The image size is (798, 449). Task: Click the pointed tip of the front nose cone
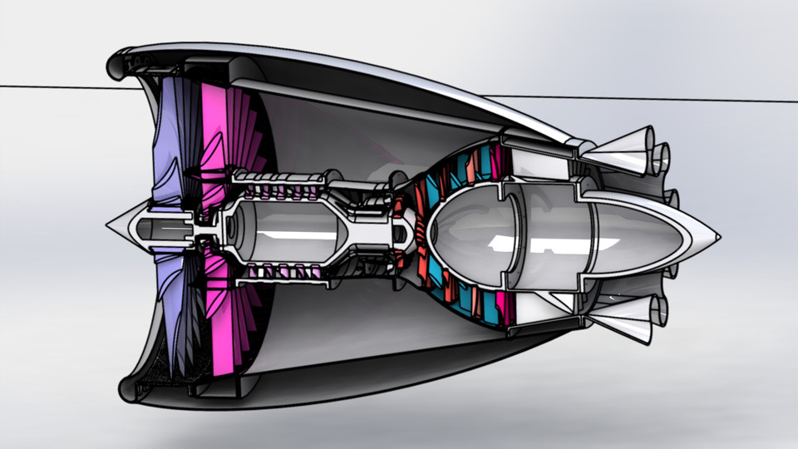pos(109,224)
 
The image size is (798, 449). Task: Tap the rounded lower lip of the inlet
pos(130,386)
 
